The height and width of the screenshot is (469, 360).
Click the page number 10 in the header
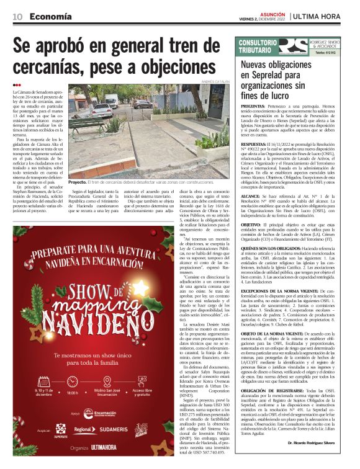18,16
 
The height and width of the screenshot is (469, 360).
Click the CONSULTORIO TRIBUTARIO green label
256,45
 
